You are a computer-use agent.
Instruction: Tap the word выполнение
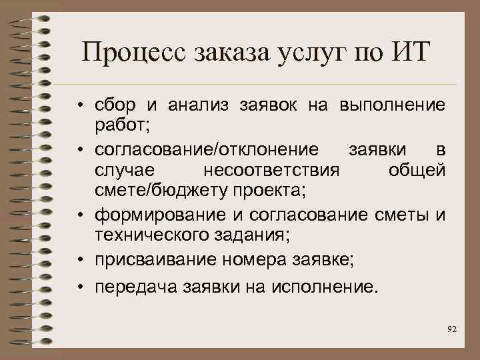coord(392,105)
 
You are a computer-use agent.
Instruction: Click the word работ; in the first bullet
coord(117,124)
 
